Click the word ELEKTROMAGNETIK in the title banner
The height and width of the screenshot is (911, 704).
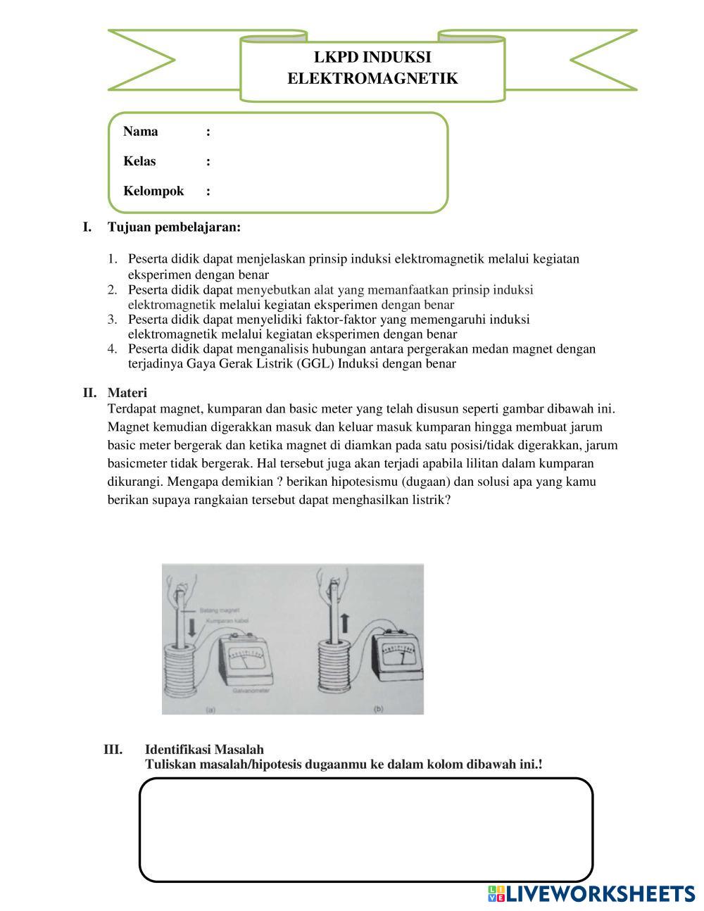372,78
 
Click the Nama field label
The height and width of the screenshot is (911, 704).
141,132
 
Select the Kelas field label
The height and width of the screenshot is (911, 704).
139,161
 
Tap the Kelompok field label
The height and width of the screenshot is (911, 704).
153,191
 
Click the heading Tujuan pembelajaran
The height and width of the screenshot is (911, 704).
174,227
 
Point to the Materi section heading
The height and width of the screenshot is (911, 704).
127,393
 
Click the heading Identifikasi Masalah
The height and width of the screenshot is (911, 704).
204,750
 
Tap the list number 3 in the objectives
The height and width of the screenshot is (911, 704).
112,320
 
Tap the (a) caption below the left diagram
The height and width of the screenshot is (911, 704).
210,710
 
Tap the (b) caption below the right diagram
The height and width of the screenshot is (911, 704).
378,709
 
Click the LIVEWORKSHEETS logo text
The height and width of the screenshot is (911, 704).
601,893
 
